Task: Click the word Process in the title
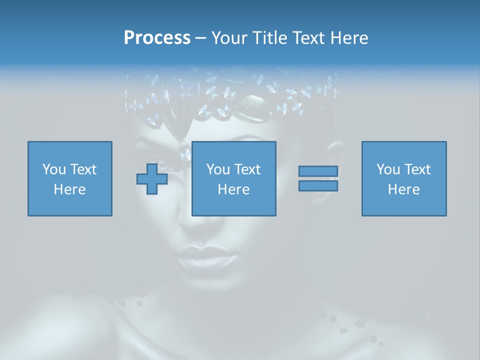pos(157,38)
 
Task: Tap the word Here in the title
pos(348,38)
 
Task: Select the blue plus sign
pos(152,178)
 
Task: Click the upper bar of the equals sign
pos(318,171)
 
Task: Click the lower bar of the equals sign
pos(318,185)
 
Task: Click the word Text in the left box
pos(83,169)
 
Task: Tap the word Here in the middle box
pos(234,189)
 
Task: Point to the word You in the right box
pos(388,169)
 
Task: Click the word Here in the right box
pos(404,189)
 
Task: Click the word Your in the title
pos(228,38)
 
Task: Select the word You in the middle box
pos(218,169)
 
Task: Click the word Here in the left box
pos(69,189)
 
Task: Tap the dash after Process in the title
pos(200,38)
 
